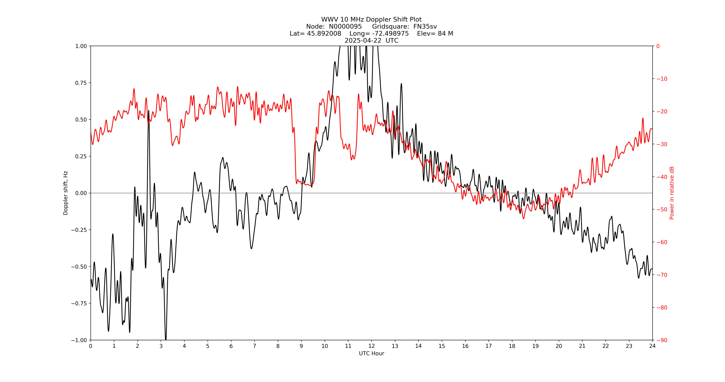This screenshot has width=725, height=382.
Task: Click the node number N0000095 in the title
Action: point(345,26)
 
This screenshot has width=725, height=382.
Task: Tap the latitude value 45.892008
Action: point(324,33)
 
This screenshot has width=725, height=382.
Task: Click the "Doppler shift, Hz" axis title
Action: point(66,193)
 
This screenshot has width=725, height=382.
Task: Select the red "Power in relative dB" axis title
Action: point(672,193)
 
